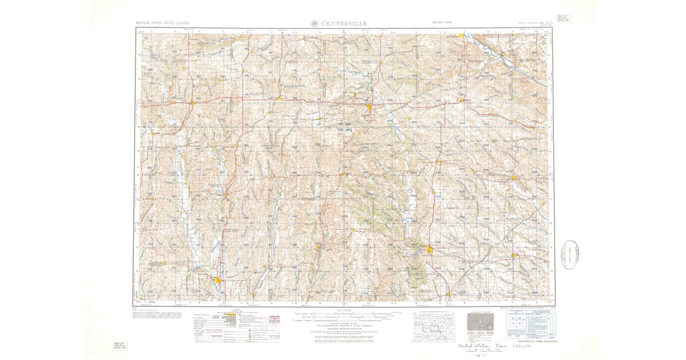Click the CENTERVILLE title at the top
[344, 23]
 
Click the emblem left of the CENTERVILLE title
[314, 23]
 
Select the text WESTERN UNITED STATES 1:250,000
[162, 23]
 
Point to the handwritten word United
[468, 346]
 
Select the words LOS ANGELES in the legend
[224, 317]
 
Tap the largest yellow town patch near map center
[370, 106]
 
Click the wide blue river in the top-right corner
[514, 63]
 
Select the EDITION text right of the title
[441, 23]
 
